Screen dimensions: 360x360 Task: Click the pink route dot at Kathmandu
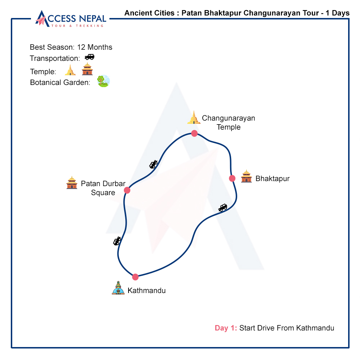point(135,277)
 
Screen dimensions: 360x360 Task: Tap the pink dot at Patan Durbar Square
point(127,190)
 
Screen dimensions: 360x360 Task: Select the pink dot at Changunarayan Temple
point(194,134)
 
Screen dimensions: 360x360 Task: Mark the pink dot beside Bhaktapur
point(232,178)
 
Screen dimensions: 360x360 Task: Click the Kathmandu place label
point(147,291)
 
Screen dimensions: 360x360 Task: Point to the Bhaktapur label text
point(273,179)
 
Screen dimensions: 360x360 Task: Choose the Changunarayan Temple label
point(228,122)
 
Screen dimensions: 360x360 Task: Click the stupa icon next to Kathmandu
point(118,288)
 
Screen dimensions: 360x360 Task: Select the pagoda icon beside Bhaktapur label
point(246,176)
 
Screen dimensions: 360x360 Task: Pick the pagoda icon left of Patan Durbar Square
point(72,183)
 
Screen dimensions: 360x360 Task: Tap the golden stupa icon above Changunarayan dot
point(194,118)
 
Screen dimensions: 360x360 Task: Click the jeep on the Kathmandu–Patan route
point(117,241)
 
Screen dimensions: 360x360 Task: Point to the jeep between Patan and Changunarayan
point(154,164)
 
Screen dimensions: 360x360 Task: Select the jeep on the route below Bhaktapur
point(223,208)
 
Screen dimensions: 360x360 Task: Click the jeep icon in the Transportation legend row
point(89,57)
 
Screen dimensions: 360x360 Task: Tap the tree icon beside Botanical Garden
point(103,81)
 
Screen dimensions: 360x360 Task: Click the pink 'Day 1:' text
point(226,328)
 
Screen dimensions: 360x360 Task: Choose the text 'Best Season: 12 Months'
point(71,47)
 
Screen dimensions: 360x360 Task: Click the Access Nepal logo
point(71,19)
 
